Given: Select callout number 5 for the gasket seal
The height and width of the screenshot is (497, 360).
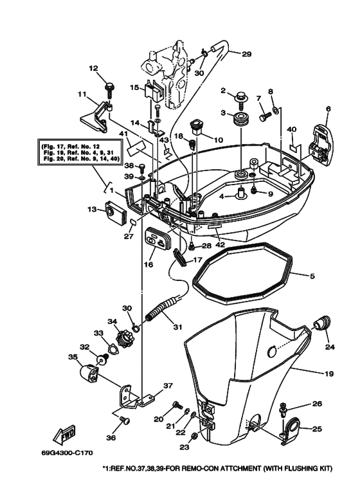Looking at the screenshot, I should [312, 277].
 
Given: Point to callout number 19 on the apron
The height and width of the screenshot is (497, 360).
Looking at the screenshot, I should [328, 372].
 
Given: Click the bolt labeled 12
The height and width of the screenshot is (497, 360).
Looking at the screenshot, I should [109, 84].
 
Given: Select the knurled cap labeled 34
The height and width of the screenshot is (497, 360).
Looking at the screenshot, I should [122, 336].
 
